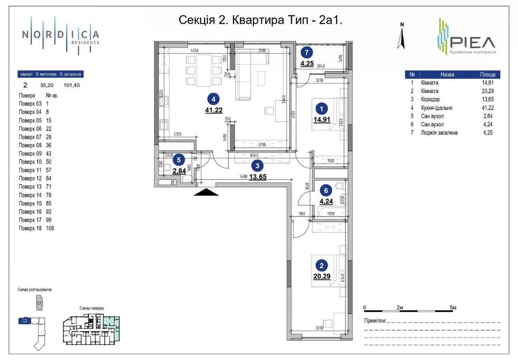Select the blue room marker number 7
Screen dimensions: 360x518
pyautogui.click(x=307, y=52)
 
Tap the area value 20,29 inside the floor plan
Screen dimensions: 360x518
pyautogui.click(x=321, y=276)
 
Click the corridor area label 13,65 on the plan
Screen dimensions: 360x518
pyautogui.click(x=258, y=177)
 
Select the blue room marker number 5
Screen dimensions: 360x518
pyautogui.click(x=178, y=160)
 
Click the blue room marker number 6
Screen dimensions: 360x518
pyautogui.click(x=325, y=190)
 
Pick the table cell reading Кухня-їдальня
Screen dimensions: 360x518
pyautogui.click(x=437, y=107)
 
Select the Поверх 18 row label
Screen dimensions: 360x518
pyautogui.click(x=29, y=228)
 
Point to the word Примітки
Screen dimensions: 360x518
pyautogui.click(x=375, y=321)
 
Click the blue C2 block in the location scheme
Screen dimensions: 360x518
pyautogui.click(x=24, y=321)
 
